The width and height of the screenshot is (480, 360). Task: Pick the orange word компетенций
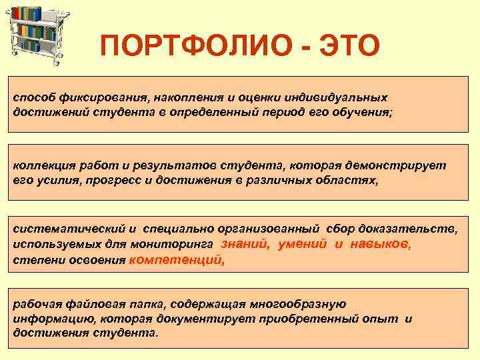pyautogui.click(x=176, y=260)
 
